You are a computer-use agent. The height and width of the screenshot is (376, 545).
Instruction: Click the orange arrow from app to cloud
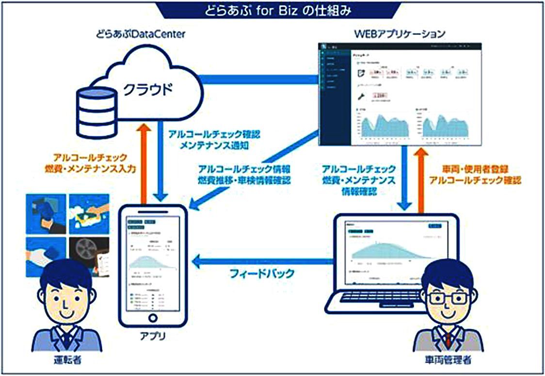pos(143,160)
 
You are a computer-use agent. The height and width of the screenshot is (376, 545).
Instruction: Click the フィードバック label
pos(262,273)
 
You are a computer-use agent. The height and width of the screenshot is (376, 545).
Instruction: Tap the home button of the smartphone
pos(153,318)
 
